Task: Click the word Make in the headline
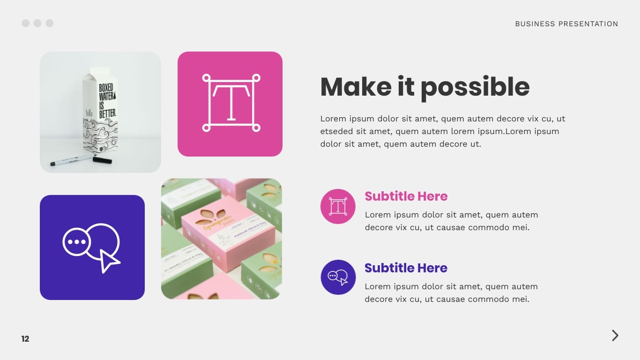(356, 87)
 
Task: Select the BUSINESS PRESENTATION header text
(566, 24)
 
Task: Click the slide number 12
(25, 339)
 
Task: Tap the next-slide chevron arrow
(615, 336)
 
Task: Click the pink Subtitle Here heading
(406, 196)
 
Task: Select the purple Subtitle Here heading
(406, 268)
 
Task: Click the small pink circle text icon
(338, 207)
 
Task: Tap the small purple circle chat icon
(338, 277)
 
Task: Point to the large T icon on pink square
(231, 103)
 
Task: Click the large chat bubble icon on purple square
(91, 246)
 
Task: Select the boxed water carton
(100, 112)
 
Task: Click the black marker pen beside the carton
(81, 161)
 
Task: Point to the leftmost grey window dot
(26, 23)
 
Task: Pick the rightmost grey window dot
(50, 23)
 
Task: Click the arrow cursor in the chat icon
(109, 261)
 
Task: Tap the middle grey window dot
(37, 23)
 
